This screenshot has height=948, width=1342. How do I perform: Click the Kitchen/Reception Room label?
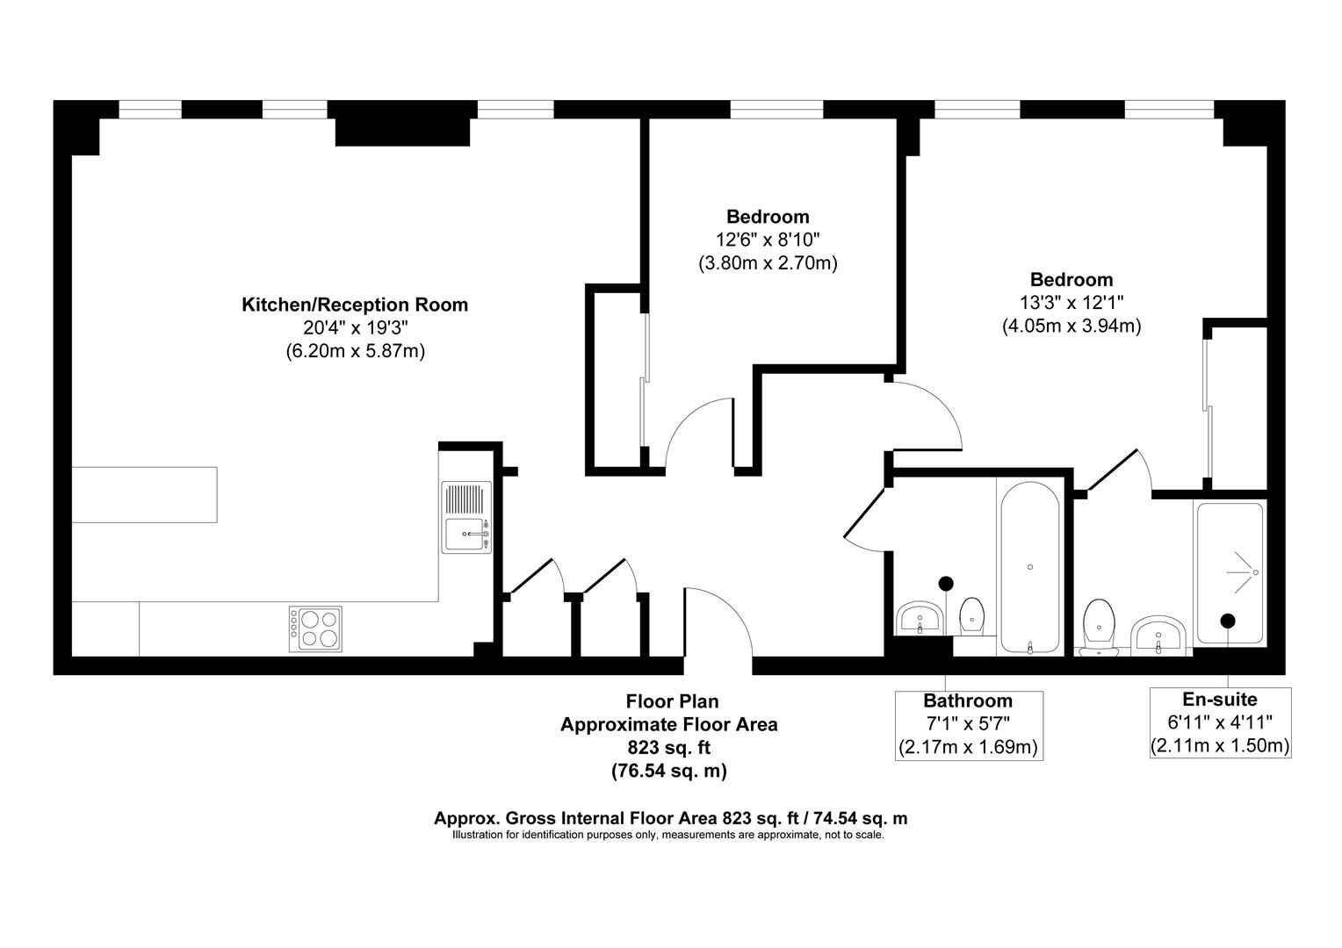point(355,305)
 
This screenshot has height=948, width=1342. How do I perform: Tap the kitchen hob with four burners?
point(316,628)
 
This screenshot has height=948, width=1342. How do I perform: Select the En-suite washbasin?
point(1159,635)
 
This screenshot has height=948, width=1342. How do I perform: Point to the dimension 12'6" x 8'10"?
point(768,240)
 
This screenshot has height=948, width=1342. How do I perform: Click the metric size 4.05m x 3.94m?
point(1071,327)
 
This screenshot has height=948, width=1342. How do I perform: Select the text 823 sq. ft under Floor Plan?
point(669,748)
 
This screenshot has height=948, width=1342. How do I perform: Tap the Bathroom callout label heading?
point(968,700)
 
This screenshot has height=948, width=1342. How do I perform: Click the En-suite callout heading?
point(1220,700)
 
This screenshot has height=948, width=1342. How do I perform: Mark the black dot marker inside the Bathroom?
point(946,583)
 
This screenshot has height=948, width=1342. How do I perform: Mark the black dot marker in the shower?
point(1228,621)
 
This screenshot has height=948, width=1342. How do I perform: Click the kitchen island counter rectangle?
point(144,494)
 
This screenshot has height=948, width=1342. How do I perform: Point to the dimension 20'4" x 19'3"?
point(355,328)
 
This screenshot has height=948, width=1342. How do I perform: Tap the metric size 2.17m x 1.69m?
point(968,748)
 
